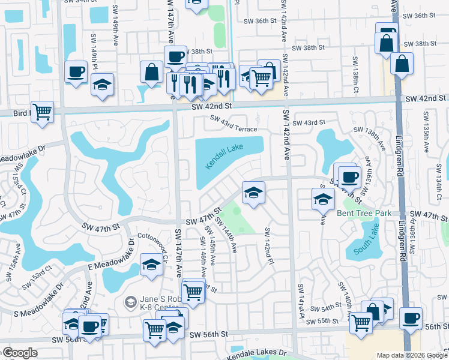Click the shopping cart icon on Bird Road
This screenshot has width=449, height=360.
click(x=43, y=112)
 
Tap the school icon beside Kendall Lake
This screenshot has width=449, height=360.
click(x=253, y=193)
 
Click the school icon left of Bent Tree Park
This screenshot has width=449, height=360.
click(x=323, y=199)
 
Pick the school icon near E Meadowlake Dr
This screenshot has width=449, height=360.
click(x=151, y=265)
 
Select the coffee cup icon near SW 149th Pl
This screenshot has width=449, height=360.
click(x=76, y=73)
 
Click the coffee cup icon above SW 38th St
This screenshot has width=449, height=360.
click(x=175, y=57)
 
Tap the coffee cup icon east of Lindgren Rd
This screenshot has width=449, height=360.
click(x=411, y=319)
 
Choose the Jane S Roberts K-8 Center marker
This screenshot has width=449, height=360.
click(x=130, y=301)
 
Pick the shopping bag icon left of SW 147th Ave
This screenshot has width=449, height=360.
click(x=151, y=71)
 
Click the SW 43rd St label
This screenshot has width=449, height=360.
click(x=305, y=122)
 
